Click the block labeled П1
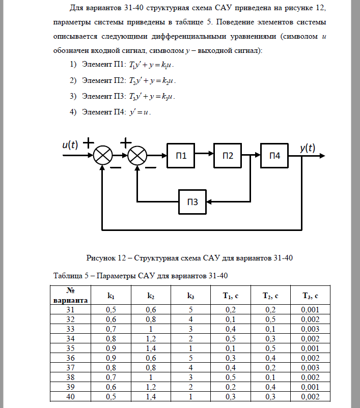(182, 156)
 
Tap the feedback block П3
(192, 202)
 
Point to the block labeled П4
(274, 156)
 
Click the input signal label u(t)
(70, 145)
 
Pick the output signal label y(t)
(307, 148)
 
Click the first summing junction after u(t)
(104, 156)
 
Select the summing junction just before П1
(137, 156)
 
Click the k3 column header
(190, 295)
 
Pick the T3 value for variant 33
(310, 329)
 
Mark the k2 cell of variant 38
(150, 377)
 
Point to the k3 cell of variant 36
(190, 358)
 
